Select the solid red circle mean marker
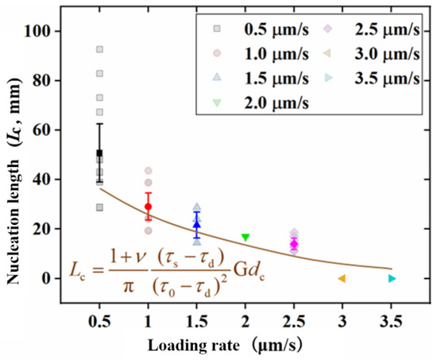(148, 207)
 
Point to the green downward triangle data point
(246, 238)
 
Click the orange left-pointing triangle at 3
(342, 278)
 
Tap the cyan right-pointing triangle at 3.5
(391, 278)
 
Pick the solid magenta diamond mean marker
(294, 243)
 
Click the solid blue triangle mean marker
(197, 224)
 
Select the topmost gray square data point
(99, 49)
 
